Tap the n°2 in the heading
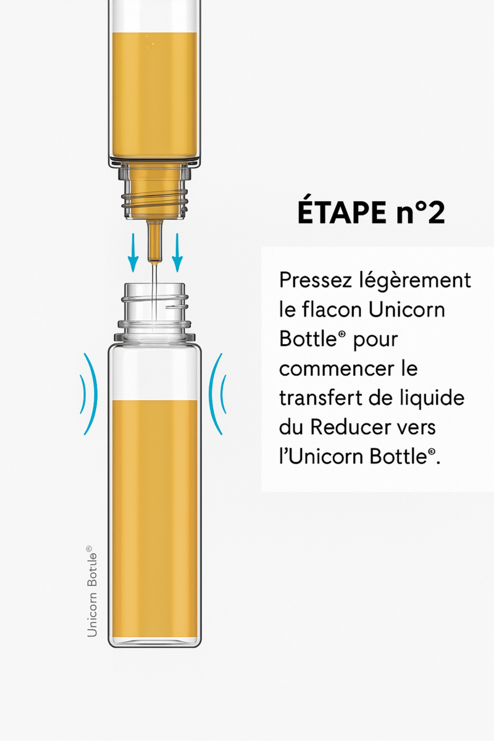pos(419,212)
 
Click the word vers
pos(419,428)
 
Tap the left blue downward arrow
pos(133,253)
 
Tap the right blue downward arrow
pos(177,253)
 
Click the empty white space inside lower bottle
pos(154,372)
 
